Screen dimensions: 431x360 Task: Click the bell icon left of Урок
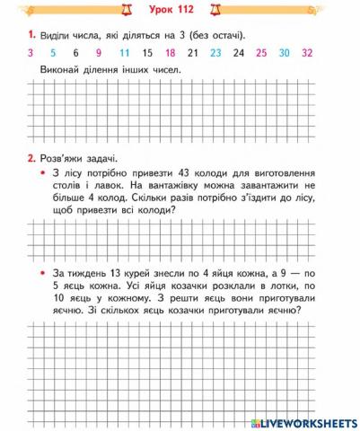(135, 10)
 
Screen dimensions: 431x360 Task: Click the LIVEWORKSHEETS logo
(305, 422)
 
